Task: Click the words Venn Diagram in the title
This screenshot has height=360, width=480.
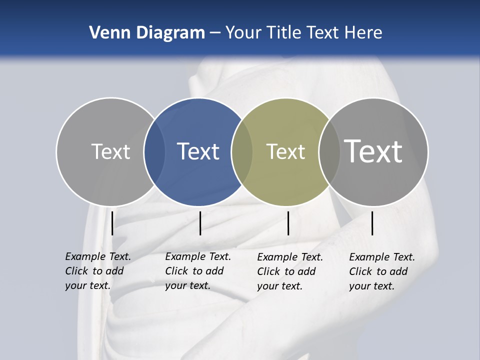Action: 147,33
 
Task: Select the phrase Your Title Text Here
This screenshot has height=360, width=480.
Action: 303,33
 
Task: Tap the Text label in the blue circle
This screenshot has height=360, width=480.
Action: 198,151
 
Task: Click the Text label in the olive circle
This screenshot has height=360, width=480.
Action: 285,151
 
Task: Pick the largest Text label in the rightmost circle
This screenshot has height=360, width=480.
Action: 373,151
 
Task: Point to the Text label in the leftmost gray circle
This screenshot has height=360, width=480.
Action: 110,151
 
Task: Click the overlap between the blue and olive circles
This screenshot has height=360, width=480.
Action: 242,151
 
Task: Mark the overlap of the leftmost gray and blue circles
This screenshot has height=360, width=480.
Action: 154,151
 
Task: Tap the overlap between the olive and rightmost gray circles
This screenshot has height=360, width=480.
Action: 329,151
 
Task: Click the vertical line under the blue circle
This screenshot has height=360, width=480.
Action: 200,223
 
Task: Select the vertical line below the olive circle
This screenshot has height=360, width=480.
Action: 288,223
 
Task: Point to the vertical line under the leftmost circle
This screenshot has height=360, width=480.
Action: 112,223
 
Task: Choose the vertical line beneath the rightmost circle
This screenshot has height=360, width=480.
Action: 372,223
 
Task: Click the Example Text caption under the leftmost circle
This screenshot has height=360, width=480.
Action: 97,271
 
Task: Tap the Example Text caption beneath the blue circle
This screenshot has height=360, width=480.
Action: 197,271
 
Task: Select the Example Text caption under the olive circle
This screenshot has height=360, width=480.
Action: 289,271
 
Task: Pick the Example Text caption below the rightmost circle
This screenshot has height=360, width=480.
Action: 381,271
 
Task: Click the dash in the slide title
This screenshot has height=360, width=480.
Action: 215,33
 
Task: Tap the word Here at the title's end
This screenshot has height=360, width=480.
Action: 364,33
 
